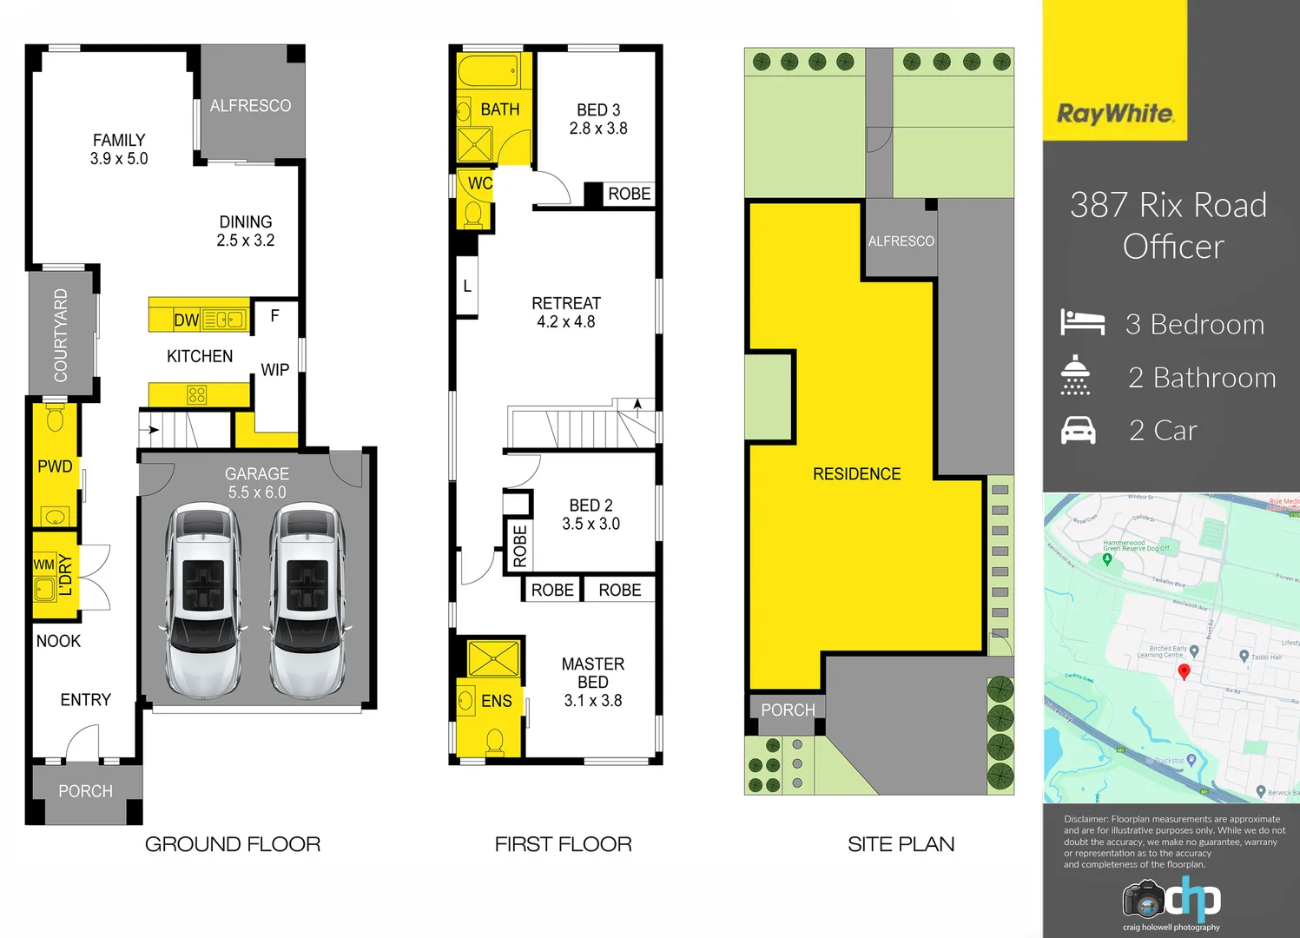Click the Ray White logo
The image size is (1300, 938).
pyautogui.click(x=1115, y=114)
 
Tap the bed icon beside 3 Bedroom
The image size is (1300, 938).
pyautogui.click(x=1082, y=323)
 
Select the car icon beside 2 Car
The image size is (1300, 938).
pyautogui.click(x=1079, y=430)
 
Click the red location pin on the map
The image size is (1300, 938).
pyautogui.click(x=1183, y=670)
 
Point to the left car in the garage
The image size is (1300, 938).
pyautogui.click(x=203, y=599)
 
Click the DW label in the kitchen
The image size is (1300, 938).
pyautogui.click(x=186, y=320)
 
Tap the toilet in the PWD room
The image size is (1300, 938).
pyautogui.click(x=56, y=419)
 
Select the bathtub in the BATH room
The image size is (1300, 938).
pyautogui.click(x=488, y=71)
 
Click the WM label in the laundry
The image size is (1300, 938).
pyautogui.click(x=43, y=565)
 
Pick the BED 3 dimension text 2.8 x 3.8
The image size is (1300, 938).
pyautogui.click(x=598, y=129)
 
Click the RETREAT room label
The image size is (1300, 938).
pyautogui.click(x=566, y=303)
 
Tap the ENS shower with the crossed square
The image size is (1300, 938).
pyautogui.click(x=492, y=658)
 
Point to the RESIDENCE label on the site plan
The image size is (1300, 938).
pyautogui.click(x=856, y=474)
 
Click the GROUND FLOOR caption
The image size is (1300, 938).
pyautogui.click(x=233, y=844)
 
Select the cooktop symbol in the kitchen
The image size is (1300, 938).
pyautogui.click(x=197, y=395)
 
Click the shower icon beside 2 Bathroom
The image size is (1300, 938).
pyautogui.click(x=1075, y=376)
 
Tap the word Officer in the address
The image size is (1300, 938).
pyautogui.click(x=1173, y=247)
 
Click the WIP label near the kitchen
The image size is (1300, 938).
pyautogui.click(x=275, y=370)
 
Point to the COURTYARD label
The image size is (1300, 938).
pyautogui.click(x=61, y=335)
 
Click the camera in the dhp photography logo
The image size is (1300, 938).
pyautogui.click(x=1144, y=900)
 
